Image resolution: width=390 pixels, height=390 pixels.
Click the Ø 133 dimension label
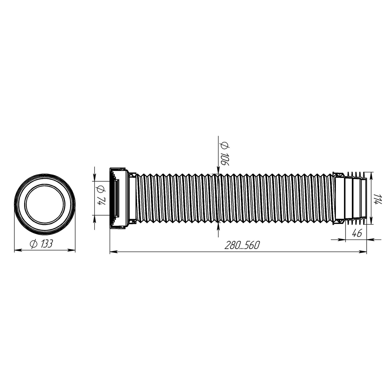click(41, 244)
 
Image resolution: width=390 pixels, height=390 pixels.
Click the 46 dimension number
click(357, 233)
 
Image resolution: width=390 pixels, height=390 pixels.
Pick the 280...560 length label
click(242, 245)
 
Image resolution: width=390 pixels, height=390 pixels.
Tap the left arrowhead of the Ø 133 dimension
click(18, 250)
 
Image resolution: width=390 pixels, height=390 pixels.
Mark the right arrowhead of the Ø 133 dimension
click(71, 250)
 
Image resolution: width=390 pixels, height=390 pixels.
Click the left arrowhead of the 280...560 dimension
click(113, 252)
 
